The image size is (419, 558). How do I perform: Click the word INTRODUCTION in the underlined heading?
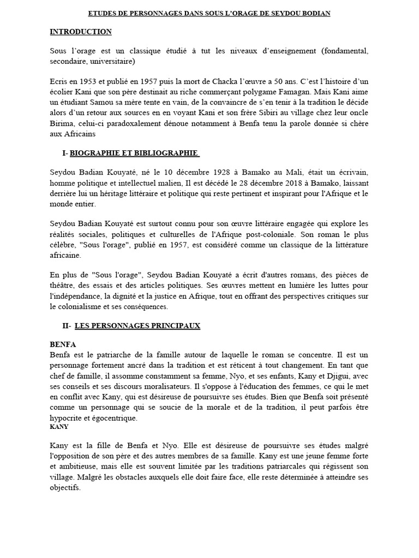click(81, 32)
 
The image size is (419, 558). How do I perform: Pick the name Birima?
click(63, 124)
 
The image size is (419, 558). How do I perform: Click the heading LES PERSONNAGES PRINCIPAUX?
click(137, 326)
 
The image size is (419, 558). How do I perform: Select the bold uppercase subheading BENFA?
click(63, 345)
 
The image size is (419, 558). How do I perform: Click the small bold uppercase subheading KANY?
click(59, 427)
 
